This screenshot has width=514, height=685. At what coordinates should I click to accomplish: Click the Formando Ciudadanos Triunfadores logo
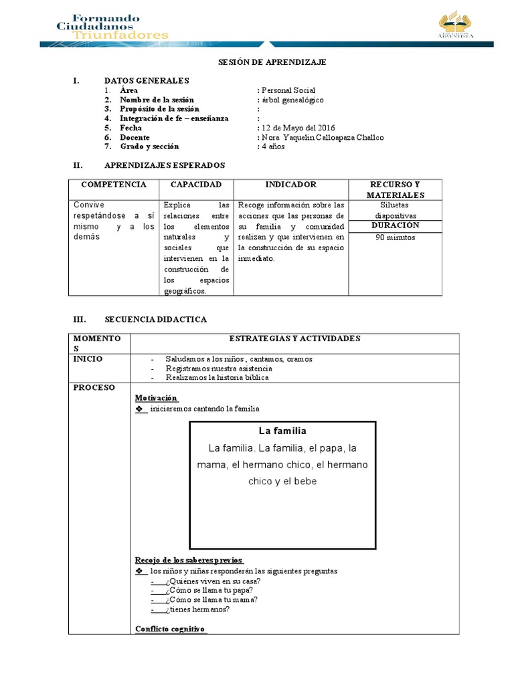(112, 26)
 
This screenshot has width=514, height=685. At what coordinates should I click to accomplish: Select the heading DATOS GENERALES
(147, 80)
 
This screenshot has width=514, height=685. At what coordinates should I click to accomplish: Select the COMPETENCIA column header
(113, 185)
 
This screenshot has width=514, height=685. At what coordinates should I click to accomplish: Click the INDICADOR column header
(290, 185)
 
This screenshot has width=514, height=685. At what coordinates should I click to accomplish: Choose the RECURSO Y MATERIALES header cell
(395, 189)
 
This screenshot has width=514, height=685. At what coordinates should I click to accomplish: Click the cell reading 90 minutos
(395, 237)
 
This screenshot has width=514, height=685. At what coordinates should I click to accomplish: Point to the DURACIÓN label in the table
(395, 226)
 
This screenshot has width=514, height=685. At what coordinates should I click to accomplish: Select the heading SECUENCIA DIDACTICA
(155, 320)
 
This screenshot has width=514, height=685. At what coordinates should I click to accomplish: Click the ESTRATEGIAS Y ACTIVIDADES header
(294, 338)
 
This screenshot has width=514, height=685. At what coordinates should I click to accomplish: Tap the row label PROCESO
(94, 387)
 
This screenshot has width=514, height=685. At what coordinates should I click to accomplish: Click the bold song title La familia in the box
(282, 431)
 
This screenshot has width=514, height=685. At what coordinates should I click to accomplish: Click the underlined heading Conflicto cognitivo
(171, 629)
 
